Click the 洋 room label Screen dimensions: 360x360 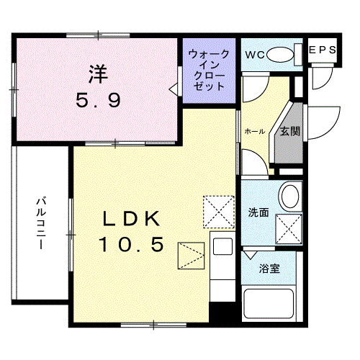(99, 73)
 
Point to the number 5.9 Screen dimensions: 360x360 (99, 100)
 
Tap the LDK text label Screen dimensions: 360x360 (129, 218)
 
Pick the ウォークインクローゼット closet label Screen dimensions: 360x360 (210, 70)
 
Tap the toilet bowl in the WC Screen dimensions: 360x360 (286, 54)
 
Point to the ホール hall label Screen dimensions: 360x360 (255, 131)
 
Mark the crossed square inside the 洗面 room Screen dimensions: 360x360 (289, 230)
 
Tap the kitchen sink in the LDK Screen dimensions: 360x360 (220, 246)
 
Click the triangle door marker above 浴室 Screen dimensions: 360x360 (250, 254)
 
